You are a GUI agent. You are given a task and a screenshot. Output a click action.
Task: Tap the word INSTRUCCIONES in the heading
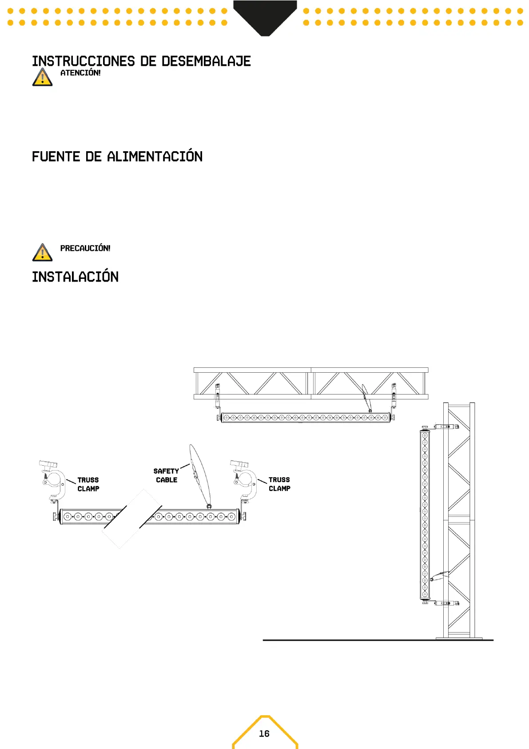(83, 61)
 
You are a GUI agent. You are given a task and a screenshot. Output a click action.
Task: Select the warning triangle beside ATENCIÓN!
(42, 77)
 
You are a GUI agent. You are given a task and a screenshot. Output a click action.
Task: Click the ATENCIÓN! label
(80, 73)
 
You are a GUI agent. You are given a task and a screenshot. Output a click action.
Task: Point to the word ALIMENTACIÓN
(155, 157)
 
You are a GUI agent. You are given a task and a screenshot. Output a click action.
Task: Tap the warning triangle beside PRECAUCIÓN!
(42, 253)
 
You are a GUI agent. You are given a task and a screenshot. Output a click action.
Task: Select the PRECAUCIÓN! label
(85, 248)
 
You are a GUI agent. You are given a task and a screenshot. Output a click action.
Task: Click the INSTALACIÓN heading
(75, 277)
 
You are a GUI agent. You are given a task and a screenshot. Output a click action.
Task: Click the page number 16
(264, 733)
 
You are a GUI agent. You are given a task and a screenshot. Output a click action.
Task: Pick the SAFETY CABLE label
(166, 475)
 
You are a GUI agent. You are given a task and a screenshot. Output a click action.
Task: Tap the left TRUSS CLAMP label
(88, 484)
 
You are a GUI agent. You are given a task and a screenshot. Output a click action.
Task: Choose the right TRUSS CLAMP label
(279, 484)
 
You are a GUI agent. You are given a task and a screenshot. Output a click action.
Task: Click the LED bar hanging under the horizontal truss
(306, 418)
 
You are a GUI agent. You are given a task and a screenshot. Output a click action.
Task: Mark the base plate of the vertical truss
(459, 639)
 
